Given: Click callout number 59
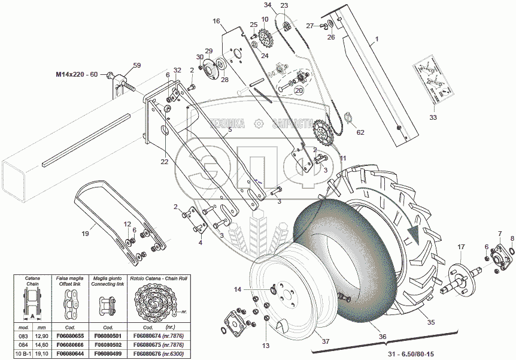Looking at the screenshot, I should [x=136, y=65].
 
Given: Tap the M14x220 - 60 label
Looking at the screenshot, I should [x=77, y=74].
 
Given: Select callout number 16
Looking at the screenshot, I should [x=216, y=21].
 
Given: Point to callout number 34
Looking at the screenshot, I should [x=267, y=5].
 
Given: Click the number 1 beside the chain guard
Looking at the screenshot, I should [x=377, y=41].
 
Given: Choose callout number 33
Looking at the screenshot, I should [x=432, y=119].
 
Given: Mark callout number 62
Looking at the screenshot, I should [x=360, y=133].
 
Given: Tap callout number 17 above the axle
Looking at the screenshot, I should [x=461, y=247].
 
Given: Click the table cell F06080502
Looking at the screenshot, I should [x=108, y=346].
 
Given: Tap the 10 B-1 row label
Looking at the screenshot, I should [x=25, y=354].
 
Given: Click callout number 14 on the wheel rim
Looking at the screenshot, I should [x=238, y=289].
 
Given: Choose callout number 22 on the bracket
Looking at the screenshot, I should [x=165, y=161].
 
